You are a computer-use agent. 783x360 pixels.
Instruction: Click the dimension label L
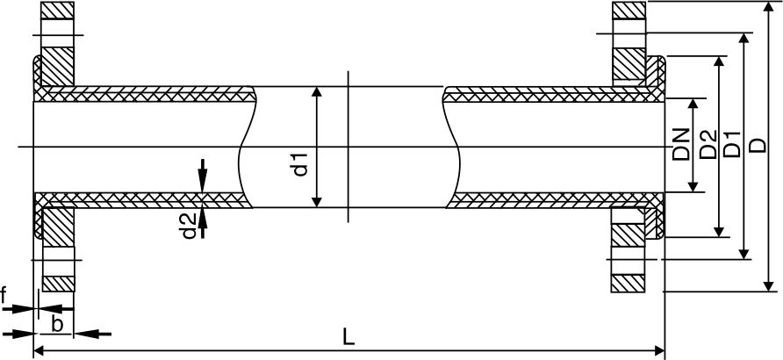click(x=348, y=337)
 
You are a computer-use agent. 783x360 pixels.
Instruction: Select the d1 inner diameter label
click(x=300, y=163)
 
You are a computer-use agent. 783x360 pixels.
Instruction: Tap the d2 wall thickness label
click(x=187, y=226)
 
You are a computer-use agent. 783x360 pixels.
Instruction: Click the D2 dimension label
click(x=708, y=145)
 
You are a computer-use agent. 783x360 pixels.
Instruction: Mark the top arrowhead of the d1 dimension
click(x=318, y=92)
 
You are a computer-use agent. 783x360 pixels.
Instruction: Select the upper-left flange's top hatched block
click(x=59, y=11)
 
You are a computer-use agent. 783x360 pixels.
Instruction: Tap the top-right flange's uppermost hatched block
click(x=629, y=11)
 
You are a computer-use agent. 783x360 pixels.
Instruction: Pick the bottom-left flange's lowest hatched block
click(x=59, y=283)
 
